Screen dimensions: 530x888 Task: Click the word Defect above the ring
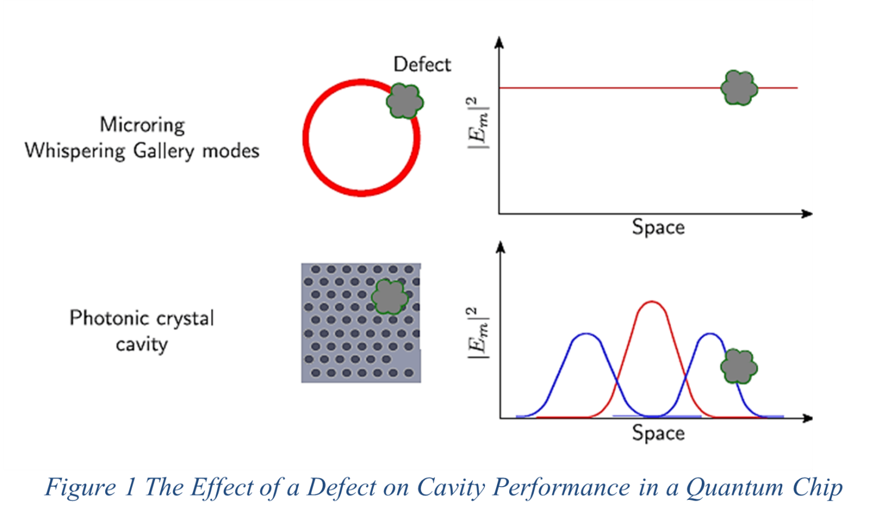[421, 64]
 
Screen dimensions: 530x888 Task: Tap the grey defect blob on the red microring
[405, 101]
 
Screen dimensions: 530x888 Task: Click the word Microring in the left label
[142, 125]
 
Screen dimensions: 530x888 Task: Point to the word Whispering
[75, 151]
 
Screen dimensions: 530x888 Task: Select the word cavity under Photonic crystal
[142, 344]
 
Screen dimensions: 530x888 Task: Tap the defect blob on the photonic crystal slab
[389, 297]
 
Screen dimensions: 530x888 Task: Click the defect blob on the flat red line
[739, 88]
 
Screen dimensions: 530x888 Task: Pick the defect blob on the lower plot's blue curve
[739, 366]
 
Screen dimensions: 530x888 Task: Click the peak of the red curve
[652, 302]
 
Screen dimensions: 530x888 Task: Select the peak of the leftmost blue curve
[587, 334]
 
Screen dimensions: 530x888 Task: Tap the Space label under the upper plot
[658, 227]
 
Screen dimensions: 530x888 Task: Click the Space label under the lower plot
[658, 433]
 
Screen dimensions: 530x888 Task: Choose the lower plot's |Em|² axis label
[478, 333]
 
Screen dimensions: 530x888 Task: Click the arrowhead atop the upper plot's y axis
[499, 42]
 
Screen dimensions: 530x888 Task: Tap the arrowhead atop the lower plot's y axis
[501, 247]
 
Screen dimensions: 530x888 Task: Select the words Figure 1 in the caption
[90, 487]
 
